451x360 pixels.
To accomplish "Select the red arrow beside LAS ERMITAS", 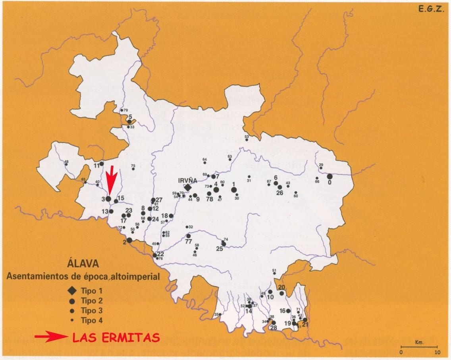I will click(x=51, y=337).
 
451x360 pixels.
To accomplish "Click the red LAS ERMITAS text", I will click(x=116, y=338).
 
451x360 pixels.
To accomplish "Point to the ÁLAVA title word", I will click(x=83, y=264).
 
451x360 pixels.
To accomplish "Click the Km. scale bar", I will click(x=419, y=347).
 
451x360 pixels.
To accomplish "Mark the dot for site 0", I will click(x=330, y=176).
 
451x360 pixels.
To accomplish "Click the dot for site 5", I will click(x=129, y=121).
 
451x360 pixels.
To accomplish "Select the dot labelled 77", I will click(x=189, y=236).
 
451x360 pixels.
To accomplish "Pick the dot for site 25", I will click(x=224, y=244).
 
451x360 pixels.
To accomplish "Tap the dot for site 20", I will click(x=281, y=293).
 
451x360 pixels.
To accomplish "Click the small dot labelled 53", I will click(x=247, y=140).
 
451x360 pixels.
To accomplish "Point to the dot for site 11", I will click(x=102, y=163).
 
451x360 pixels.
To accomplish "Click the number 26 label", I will click(x=279, y=193).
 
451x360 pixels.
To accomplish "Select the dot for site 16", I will click(x=288, y=311).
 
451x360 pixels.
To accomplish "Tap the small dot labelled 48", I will click(x=66, y=164).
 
